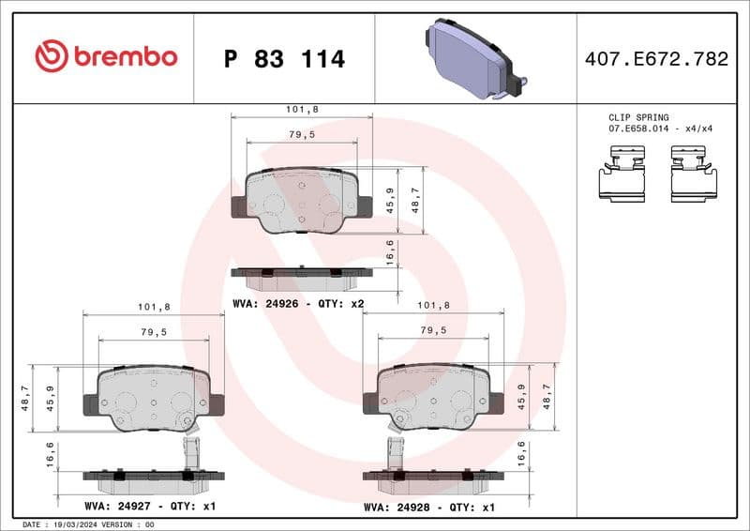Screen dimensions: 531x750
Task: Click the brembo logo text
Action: click(x=106, y=57)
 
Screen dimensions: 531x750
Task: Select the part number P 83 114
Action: click(x=285, y=59)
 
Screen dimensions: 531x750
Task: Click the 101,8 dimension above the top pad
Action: click(x=302, y=110)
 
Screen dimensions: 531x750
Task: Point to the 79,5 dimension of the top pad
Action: click(x=302, y=135)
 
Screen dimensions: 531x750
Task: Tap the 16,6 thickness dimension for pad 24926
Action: click(x=390, y=252)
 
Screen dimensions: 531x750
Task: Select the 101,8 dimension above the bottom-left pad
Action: click(x=154, y=307)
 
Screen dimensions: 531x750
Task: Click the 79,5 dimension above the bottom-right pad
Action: click(x=432, y=330)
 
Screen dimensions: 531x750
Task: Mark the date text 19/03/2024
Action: click(x=73, y=524)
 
